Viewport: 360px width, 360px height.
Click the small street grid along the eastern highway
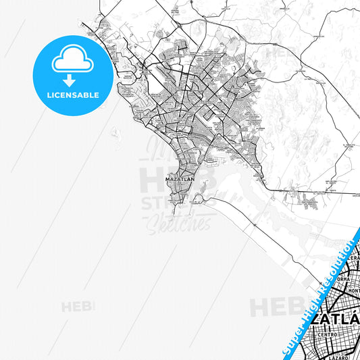tap(307, 199)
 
